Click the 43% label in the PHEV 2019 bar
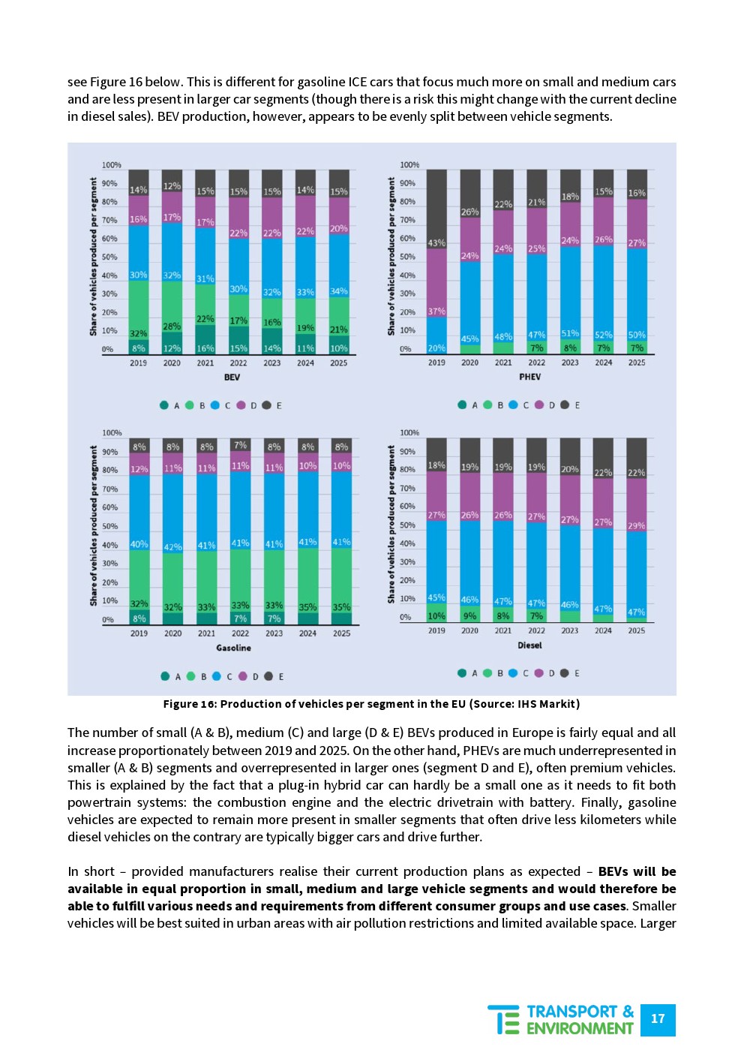[x=436, y=243]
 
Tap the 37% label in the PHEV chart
[x=436, y=311]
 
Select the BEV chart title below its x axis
[x=232, y=378]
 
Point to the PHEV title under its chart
[x=530, y=377]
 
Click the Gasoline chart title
[x=233, y=648]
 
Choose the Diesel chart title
[x=529, y=645]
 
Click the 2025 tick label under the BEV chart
[x=339, y=363]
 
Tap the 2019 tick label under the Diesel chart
[x=436, y=631]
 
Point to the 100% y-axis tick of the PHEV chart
[x=409, y=165]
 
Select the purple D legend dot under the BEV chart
[x=241, y=405]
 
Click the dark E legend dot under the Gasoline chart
[x=268, y=676]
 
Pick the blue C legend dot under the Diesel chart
[x=513, y=673]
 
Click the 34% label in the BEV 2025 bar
[x=339, y=291]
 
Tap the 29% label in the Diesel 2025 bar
[x=637, y=526]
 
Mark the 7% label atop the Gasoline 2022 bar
[x=240, y=446]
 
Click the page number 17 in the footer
[x=658, y=1019]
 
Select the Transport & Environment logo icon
[x=504, y=1020]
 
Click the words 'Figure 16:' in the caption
[x=190, y=704]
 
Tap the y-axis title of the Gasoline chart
[x=94, y=525]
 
